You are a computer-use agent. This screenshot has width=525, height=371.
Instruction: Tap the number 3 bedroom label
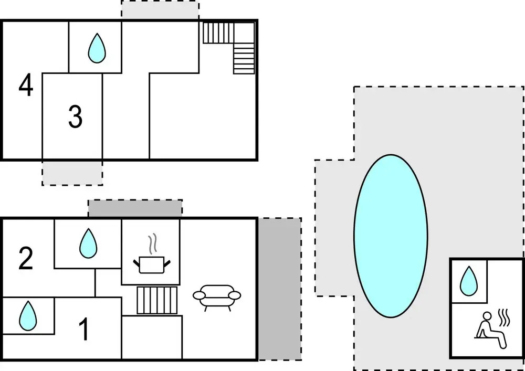pos(76,117)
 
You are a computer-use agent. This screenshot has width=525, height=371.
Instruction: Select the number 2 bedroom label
pos(26,259)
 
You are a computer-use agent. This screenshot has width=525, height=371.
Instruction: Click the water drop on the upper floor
pos(96,48)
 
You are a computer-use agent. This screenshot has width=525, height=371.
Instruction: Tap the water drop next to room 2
pos(88,243)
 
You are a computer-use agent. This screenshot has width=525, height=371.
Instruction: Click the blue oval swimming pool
pos(390,236)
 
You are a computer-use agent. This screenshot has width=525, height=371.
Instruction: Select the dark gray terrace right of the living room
pos(279,289)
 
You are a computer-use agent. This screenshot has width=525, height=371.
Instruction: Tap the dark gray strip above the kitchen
pos(135,208)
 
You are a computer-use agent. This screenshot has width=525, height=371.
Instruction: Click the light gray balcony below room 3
pos(72,173)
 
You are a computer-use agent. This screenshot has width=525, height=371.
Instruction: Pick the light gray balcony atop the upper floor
pos(160,11)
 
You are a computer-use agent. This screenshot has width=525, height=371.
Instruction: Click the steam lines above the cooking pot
pos(153,243)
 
